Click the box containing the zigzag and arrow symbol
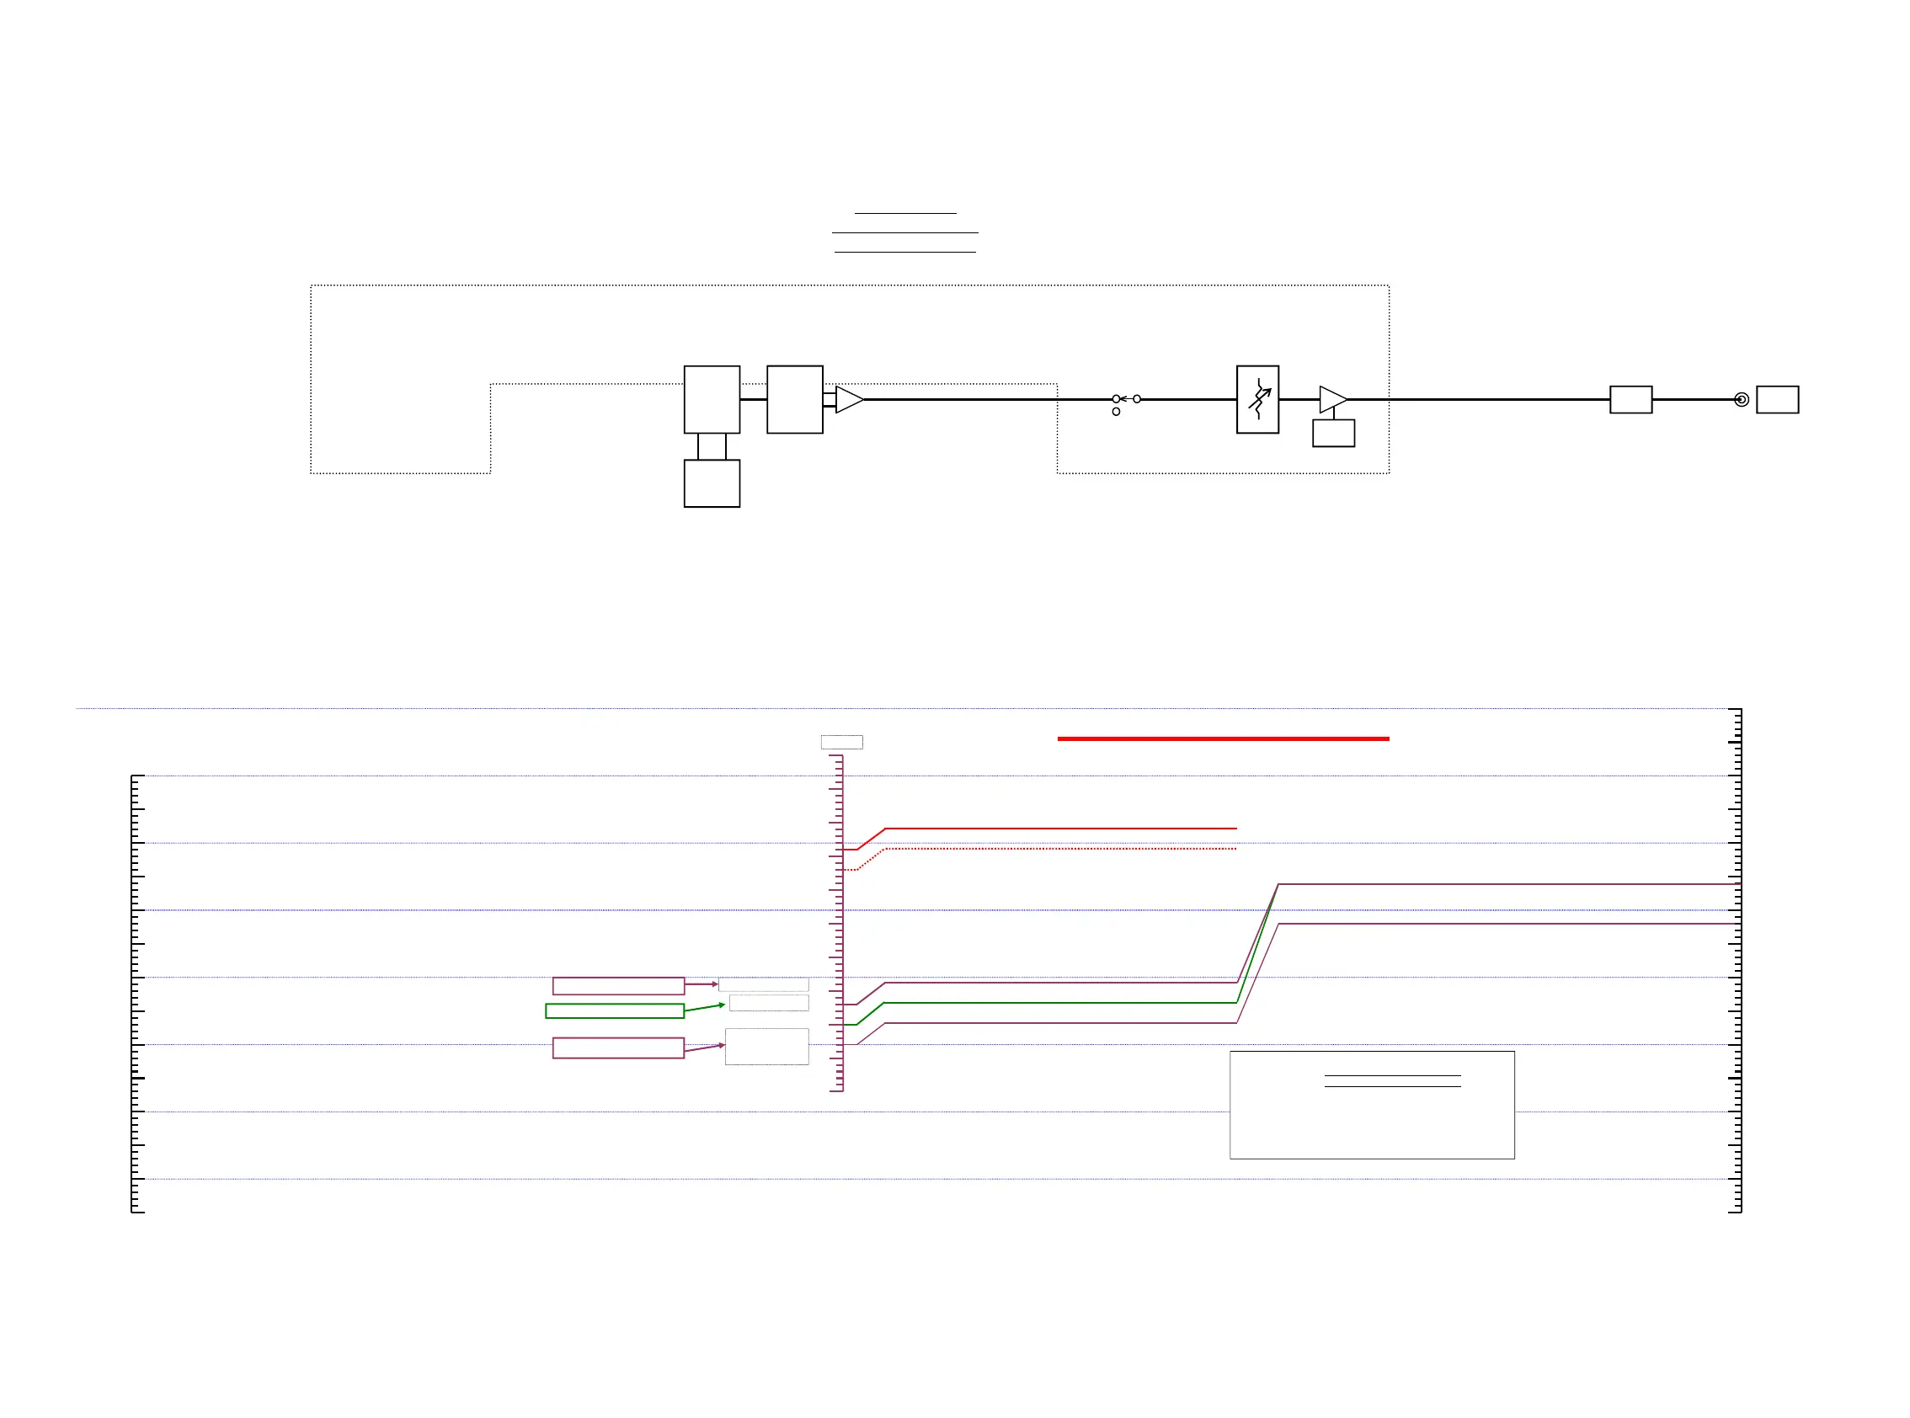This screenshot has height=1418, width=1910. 1256,399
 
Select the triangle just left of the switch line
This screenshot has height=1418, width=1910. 847,399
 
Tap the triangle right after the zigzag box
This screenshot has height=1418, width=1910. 1331,399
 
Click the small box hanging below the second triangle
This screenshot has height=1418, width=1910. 1333,433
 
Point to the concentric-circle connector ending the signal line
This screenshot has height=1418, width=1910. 1741,399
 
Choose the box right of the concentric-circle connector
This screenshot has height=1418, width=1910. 1777,399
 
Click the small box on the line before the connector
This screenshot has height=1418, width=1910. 1630,399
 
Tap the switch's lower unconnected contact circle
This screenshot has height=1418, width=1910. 1116,412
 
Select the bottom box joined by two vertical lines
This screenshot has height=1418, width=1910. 712,483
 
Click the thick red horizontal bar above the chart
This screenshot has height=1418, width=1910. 1223,738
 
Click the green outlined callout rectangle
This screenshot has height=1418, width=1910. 615,1010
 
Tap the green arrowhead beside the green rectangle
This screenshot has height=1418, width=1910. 722,1005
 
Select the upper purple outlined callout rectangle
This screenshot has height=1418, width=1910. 618,985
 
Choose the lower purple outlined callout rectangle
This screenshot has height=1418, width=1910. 618,1048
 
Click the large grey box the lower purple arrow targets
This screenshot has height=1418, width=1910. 766,1047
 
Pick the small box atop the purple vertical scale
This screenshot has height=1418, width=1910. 841,742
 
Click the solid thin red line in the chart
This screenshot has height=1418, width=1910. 1060,829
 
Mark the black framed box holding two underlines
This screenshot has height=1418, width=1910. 1372,1105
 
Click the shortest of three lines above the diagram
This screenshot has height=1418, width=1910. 904,213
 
